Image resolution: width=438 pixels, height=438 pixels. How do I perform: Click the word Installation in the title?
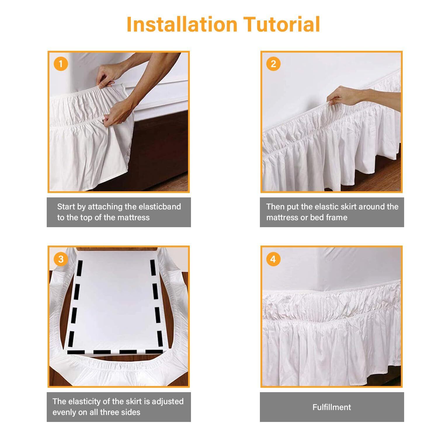pyautogui.click(x=182, y=24)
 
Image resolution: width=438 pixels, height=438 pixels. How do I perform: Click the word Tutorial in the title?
pyautogui.click(x=282, y=24)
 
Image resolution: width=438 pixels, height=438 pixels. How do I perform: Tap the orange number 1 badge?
pyautogui.click(x=61, y=64)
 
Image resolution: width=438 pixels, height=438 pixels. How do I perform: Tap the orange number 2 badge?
pyautogui.click(x=273, y=64)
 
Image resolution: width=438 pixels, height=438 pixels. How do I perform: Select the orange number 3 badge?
pyautogui.click(x=61, y=259)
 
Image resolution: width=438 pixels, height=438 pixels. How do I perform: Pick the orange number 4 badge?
pyautogui.click(x=273, y=259)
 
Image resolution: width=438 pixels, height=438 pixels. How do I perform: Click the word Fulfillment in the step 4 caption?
pyautogui.click(x=332, y=407)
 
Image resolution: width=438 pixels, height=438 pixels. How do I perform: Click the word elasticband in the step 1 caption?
pyautogui.click(x=160, y=206)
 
